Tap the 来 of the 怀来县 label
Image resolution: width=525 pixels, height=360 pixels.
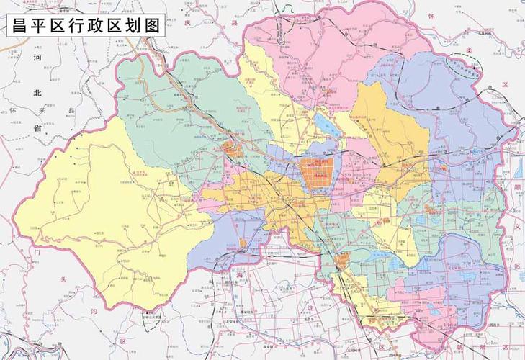click(x=41, y=110)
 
